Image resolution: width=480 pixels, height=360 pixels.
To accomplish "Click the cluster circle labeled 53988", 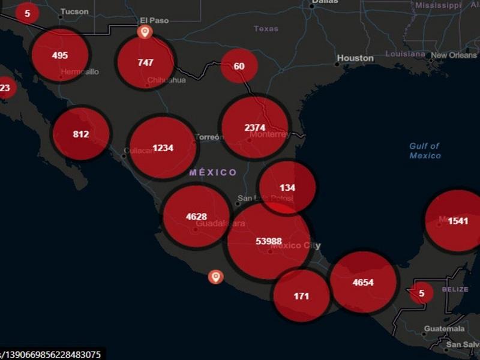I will click(269, 241).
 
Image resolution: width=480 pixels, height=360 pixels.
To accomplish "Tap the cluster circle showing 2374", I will click(255, 127).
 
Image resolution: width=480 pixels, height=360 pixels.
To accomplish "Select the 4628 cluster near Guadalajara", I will click(196, 217).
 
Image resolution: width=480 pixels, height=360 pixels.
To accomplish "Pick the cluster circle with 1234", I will click(163, 148).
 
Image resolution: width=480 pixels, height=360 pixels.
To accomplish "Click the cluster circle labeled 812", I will click(81, 134).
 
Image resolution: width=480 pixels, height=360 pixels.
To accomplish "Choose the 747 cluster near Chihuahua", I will click(145, 62).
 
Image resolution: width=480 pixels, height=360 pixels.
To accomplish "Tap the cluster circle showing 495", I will click(60, 55).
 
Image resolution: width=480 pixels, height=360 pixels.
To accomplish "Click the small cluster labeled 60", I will click(239, 66).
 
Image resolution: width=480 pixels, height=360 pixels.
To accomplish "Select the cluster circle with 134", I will click(287, 187).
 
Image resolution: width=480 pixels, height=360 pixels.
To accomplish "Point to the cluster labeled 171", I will click(301, 295).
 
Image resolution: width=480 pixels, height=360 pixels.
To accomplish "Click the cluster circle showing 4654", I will click(363, 282).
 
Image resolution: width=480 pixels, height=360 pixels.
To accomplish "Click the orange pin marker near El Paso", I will click(143, 31).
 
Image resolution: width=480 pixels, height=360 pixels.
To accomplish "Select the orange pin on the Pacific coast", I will click(215, 276).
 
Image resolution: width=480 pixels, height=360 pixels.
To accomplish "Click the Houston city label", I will click(355, 58).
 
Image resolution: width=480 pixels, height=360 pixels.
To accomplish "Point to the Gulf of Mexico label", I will click(425, 151).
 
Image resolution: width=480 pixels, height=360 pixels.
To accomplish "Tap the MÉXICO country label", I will click(213, 172).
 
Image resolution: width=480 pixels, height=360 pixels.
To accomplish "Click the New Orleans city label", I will click(454, 55).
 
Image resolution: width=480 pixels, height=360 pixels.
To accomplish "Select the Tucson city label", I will click(74, 11).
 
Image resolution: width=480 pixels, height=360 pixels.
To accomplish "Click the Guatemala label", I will click(444, 329).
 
